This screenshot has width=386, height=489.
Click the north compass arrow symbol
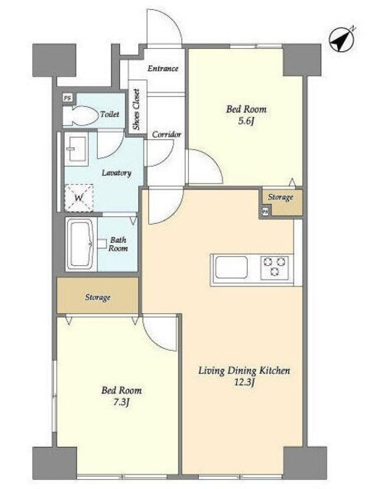(x=342, y=40)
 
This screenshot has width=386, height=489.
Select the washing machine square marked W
(x=79, y=198)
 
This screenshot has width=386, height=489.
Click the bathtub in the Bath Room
(x=80, y=244)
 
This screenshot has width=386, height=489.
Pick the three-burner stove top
(x=274, y=267)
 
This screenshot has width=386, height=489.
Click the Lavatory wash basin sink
(x=76, y=149)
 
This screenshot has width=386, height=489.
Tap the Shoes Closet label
(x=136, y=109)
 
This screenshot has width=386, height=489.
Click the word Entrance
(x=163, y=68)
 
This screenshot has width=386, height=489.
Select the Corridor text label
(x=167, y=134)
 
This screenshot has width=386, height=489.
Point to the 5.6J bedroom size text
(x=245, y=121)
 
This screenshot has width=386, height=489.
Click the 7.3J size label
(x=121, y=403)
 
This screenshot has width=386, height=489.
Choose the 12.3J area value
(x=245, y=382)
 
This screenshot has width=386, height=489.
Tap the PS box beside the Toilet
(x=67, y=98)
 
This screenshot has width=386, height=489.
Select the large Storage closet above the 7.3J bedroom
(x=98, y=296)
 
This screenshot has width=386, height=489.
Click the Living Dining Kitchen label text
(x=245, y=371)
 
